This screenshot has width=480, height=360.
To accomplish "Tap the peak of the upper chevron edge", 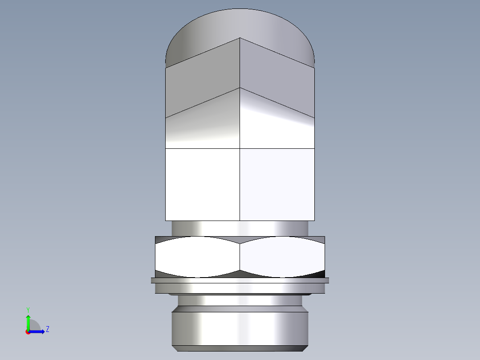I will point(240,38).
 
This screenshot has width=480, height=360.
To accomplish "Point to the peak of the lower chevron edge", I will point(240,88).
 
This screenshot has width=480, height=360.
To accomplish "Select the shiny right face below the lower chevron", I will point(277,127).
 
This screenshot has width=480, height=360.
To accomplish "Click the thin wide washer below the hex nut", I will point(240,280).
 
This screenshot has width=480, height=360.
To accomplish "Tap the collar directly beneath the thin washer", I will point(240,288).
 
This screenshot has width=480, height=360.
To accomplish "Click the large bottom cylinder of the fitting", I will point(240,328).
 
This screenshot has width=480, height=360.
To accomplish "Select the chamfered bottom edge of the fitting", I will point(240,348).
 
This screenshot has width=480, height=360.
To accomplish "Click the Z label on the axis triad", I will point(47,329).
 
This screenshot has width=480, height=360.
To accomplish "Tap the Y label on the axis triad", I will point(28,309).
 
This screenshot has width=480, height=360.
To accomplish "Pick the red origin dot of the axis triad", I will point(28,332).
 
